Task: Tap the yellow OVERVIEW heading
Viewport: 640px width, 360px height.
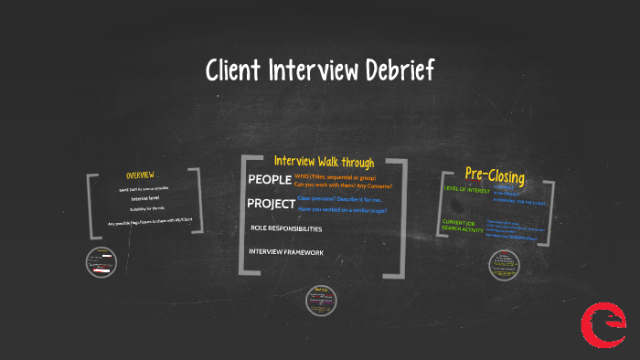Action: pyautogui.click(x=140, y=175)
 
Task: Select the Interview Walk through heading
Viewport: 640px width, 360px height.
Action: pyautogui.click(x=324, y=162)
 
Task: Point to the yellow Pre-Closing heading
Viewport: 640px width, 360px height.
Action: pyautogui.click(x=495, y=174)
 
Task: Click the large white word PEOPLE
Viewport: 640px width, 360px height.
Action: pyautogui.click(x=269, y=179)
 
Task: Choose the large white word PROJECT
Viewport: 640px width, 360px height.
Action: pyautogui.click(x=272, y=203)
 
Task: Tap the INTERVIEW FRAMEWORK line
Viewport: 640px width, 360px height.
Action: pyautogui.click(x=286, y=251)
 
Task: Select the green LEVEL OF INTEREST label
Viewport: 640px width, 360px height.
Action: pyautogui.click(x=468, y=189)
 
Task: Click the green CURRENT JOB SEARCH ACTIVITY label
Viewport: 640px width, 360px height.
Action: pyautogui.click(x=463, y=227)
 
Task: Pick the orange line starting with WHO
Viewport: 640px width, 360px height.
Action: pyautogui.click(x=335, y=176)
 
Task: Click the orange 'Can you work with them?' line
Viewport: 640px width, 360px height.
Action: pyautogui.click(x=343, y=185)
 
